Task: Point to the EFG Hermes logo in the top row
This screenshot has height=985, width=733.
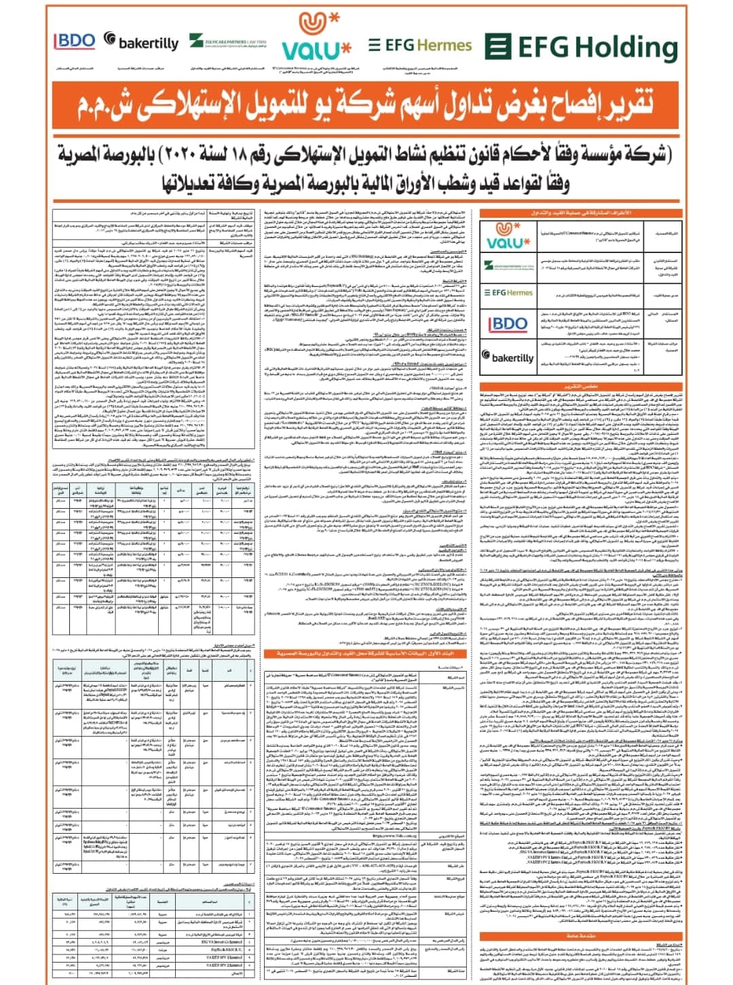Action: pos(420,45)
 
